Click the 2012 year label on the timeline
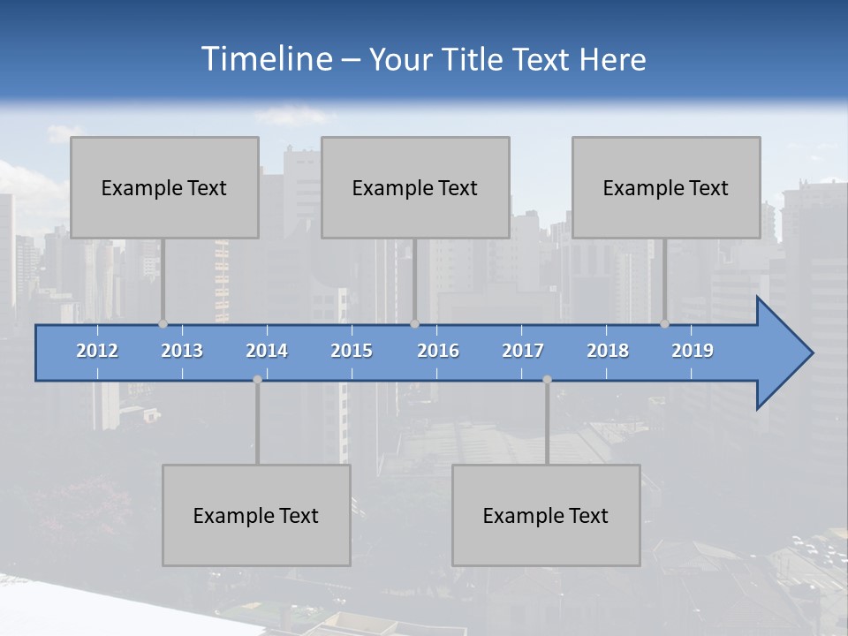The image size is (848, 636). pyautogui.click(x=97, y=351)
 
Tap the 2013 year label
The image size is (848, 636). pyautogui.click(x=182, y=351)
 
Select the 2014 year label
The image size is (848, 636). pyautogui.click(x=267, y=351)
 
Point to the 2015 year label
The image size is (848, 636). pyautogui.click(x=352, y=351)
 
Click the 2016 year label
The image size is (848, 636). pyautogui.click(x=438, y=351)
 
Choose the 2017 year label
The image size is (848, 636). pyautogui.click(x=523, y=351)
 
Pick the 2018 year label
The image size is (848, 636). pyautogui.click(x=608, y=351)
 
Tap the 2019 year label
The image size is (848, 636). pyautogui.click(x=693, y=351)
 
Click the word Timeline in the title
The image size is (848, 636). pyautogui.click(x=266, y=59)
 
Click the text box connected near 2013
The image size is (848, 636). pyautogui.click(x=164, y=187)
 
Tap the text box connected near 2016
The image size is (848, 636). pyautogui.click(x=415, y=187)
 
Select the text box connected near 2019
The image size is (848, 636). pyautogui.click(x=666, y=187)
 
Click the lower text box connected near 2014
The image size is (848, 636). pyautogui.click(x=256, y=515)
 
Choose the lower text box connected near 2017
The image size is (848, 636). pyautogui.click(x=546, y=515)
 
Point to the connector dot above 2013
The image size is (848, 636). pyautogui.click(x=163, y=323)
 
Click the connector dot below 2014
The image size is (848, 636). pyautogui.click(x=257, y=380)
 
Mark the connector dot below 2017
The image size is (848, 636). pyautogui.click(x=547, y=380)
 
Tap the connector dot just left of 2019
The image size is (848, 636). pyautogui.click(x=664, y=323)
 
